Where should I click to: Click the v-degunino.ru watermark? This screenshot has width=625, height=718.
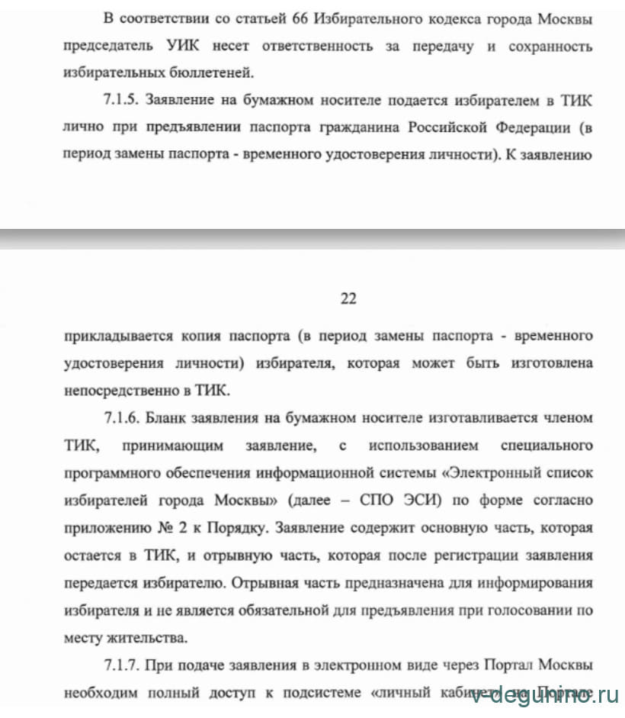click(546, 695)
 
